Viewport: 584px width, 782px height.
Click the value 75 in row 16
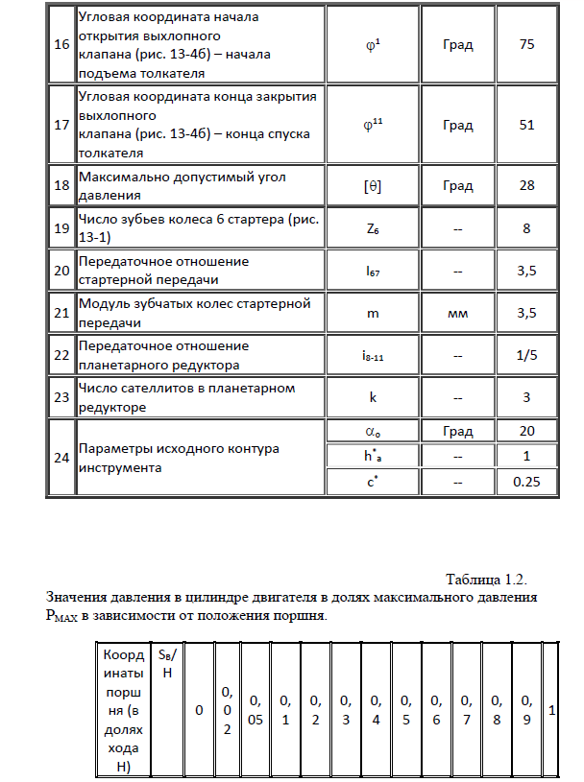pos(525,45)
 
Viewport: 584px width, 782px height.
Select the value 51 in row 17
pos(525,125)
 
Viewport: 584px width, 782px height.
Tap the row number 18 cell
pos(61,185)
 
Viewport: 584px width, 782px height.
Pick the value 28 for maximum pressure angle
pos(525,185)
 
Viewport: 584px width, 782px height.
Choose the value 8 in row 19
pos(525,228)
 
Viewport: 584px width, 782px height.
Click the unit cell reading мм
pos(457,313)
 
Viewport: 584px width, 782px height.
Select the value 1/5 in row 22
pos(525,354)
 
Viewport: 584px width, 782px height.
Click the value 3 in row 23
pos(525,396)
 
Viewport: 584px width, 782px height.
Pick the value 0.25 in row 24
pos(525,481)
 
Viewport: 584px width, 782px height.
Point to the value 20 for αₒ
pos(525,431)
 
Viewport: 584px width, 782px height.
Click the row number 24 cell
pos(61,457)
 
